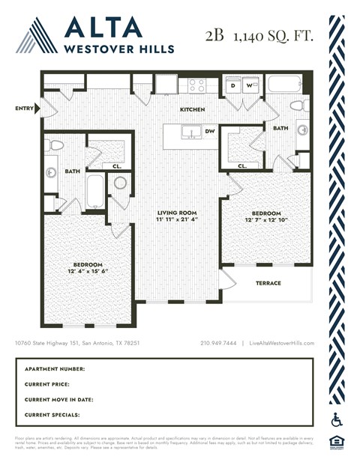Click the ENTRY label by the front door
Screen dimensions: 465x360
tap(24, 109)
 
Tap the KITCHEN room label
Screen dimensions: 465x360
tap(192, 109)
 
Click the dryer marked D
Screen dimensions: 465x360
tap(233, 85)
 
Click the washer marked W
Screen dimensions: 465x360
tap(249, 85)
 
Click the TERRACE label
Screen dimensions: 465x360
tap(268, 283)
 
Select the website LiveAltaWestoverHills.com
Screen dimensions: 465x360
tap(281, 343)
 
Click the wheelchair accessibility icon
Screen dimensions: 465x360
tap(337, 420)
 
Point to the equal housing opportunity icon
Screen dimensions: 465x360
tap(337, 443)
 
